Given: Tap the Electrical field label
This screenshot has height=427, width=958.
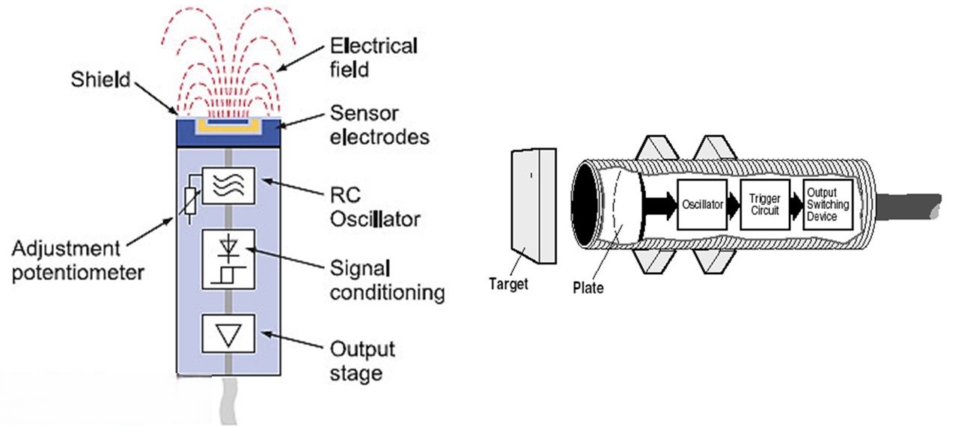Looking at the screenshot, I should pyautogui.click(x=373, y=58).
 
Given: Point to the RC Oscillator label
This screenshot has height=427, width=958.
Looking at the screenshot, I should pyautogui.click(x=373, y=209).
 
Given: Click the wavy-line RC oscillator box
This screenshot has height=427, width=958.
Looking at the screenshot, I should pyautogui.click(x=228, y=187).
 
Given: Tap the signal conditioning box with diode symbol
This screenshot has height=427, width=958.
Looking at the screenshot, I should pyautogui.click(x=228, y=259).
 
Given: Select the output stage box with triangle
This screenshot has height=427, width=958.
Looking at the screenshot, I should pyautogui.click(x=228, y=334).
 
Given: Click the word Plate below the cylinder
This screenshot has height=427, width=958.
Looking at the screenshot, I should pyautogui.click(x=588, y=286).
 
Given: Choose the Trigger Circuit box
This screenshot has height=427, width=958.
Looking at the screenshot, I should pyautogui.click(x=764, y=204).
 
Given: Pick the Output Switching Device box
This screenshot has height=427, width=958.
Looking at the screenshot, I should pyautogui.click(x=827, y=203).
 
